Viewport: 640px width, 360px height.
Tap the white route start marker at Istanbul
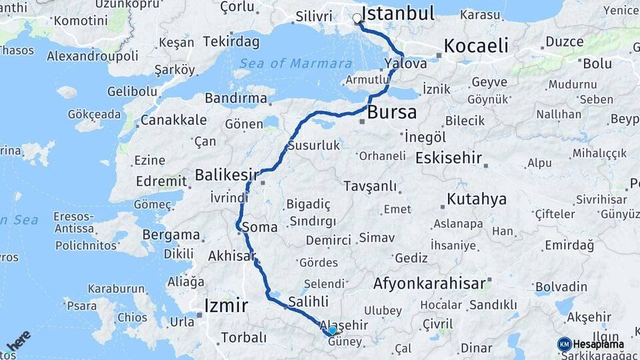(x=357, y=19)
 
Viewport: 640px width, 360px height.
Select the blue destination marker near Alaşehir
(x=332, y=331)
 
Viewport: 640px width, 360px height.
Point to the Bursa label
(x=392, y=111)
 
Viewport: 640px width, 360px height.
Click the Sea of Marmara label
(x=296, y=63)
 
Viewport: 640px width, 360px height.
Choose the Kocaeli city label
(x=476, y=45)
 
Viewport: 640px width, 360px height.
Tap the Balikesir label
(x=227, y=175)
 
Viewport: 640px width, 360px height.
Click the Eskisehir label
(x=448, y=158)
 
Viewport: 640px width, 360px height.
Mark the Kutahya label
(x=477, y=199)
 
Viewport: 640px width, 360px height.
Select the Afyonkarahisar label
(x=429, y=283)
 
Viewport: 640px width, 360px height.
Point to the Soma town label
(x=259, y=227)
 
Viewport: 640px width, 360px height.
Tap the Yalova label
(x=405, y=63)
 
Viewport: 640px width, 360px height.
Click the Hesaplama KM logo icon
(x=565, y=344)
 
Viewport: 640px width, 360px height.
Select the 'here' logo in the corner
(x=19, y=341)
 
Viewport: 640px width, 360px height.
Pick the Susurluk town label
(x=313, y=145)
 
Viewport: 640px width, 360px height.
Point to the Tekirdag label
(x=231, y=41)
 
